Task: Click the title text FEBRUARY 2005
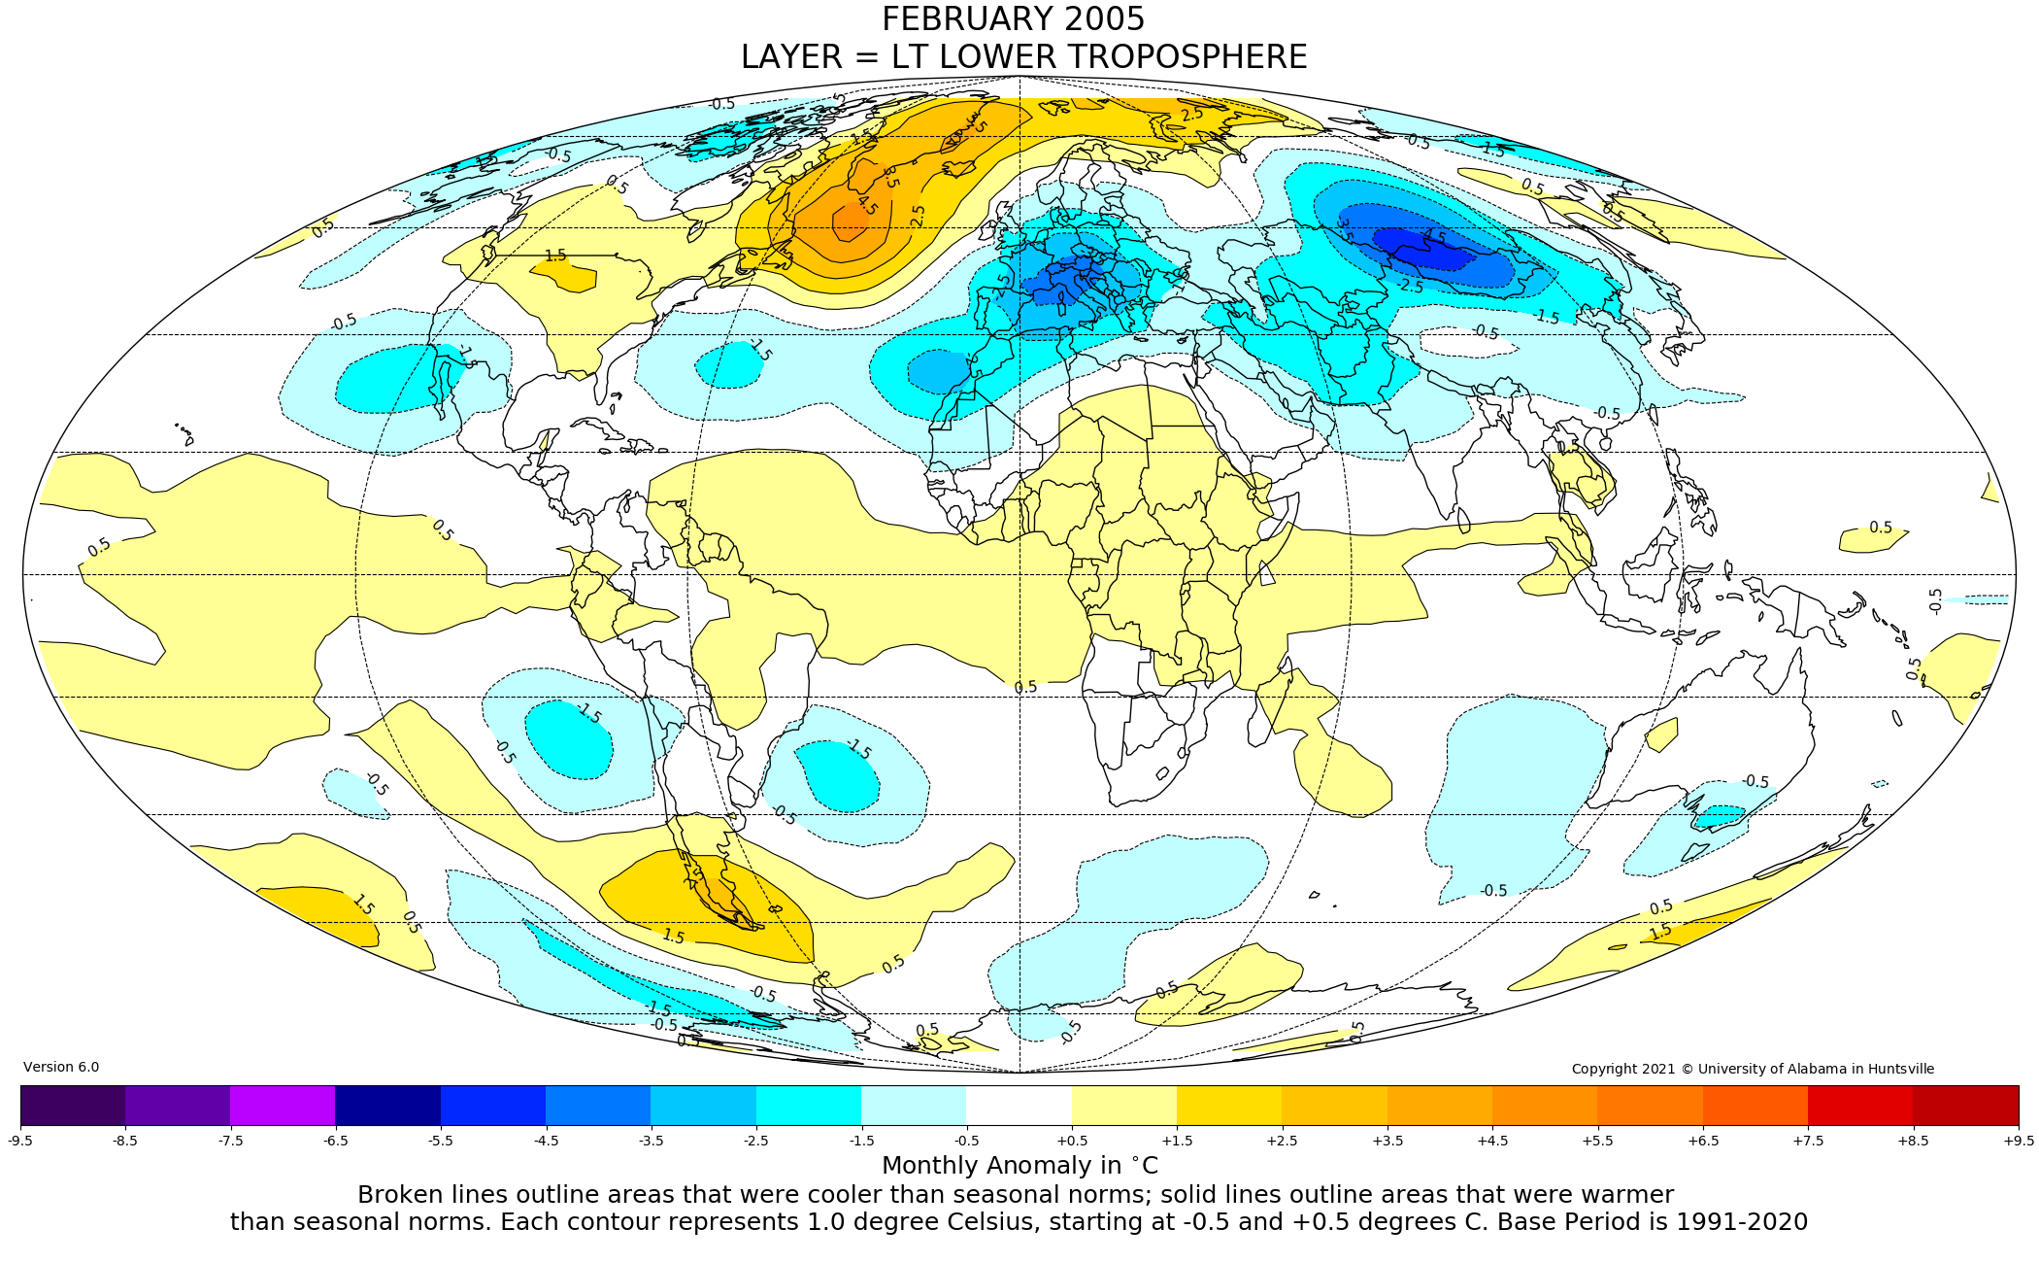coord(1013,19)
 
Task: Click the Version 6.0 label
coord(61,1067)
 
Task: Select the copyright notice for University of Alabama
coord(1753,1069)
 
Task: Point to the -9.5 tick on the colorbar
coord(20,1141)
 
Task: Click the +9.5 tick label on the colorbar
coord(2018,1141)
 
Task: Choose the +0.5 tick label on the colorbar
coord(1071,1141)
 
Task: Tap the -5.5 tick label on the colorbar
coord(441,1141)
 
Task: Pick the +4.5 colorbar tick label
coord(1492,1141)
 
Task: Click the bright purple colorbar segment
coord(283,1106)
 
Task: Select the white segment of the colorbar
coord(1019,1106)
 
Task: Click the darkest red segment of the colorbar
coord(1965,1106)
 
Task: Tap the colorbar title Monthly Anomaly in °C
coord(1019,1166)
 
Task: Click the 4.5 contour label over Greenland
coord(866,205)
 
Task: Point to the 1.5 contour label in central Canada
coord(555,256)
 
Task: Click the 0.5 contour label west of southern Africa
coord(1025,687)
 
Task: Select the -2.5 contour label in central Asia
coord(1412,287)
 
